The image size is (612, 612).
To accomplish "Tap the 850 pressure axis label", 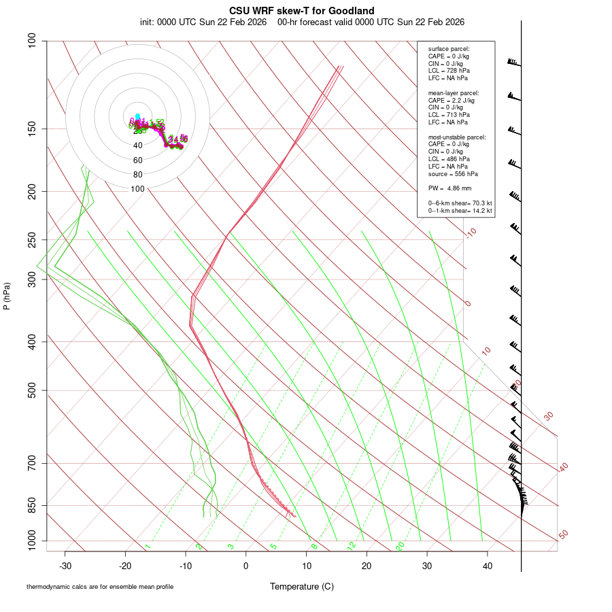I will click(x=33, y=505).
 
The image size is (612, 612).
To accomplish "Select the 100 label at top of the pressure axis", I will click(x=33, y=41).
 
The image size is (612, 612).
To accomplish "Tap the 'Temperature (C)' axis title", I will click(x=301, y=586).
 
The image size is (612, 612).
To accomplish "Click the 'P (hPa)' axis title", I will click(x=7, y=296).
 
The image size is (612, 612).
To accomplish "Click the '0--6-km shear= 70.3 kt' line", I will click(x=460, y=203).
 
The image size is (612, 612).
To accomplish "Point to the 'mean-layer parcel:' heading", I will click(x=453, y=92).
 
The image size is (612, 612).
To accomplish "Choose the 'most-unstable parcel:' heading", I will click(x=457, y=137).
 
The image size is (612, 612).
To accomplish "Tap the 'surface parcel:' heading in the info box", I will click(x=449, y=49).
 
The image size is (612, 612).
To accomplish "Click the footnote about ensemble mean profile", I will click(x=100, y=586).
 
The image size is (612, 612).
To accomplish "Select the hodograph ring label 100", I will click(x=138, y=189).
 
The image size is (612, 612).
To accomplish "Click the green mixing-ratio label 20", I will click(x=400, y=545).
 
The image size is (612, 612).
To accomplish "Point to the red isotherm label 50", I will click(x=563, y=535).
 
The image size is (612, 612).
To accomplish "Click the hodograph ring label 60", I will click(x=138, y=160).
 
